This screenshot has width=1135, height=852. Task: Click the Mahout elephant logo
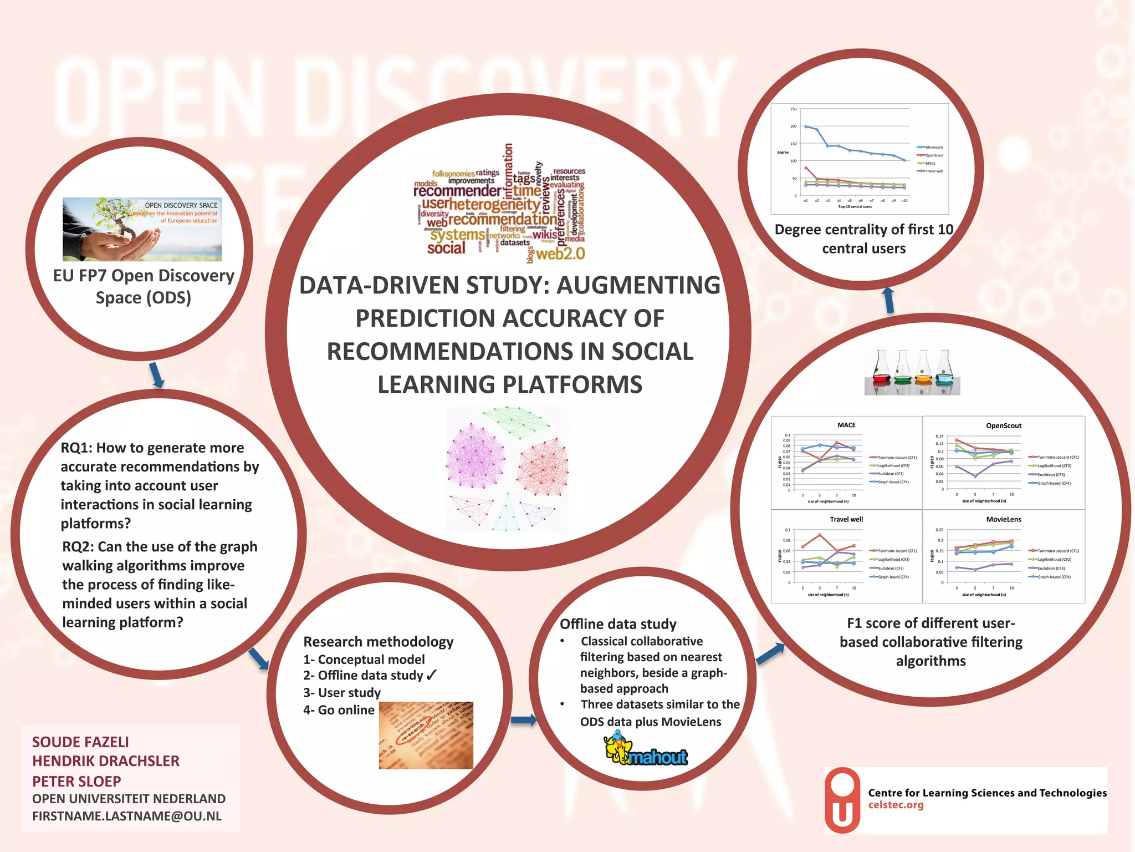646,749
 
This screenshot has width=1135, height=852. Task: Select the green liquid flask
902,369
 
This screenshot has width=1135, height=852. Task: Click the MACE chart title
846,425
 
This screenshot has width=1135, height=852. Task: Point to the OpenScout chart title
1003,425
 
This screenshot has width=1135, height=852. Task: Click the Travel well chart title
846,519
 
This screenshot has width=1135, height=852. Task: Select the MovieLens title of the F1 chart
1003,519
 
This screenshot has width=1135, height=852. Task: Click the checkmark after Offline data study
432,675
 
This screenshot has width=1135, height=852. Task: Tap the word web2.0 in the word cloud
560,254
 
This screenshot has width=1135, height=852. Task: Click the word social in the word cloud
446,248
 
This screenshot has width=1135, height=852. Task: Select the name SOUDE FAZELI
80,742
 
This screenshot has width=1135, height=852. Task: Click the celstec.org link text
896,805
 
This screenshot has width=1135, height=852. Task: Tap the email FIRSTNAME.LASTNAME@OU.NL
127,816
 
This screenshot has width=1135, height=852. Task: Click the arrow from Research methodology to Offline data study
523,720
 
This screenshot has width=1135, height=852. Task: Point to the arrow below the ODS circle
157,375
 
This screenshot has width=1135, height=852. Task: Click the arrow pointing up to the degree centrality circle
888,300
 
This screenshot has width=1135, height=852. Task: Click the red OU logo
842,800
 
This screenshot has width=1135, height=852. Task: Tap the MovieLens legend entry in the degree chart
931,148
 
